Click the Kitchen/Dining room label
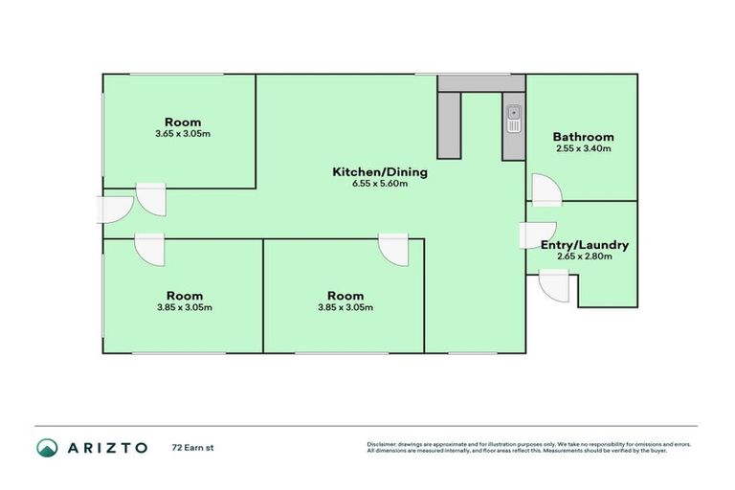(x=379, y=172)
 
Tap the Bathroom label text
(x=584, y=137)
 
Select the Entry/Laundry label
(x=584, y=245)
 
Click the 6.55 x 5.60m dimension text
(x=379, y=185)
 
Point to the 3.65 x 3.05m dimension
(x=182, y=134)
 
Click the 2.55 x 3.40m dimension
(x=584, y=149)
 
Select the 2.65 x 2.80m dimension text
(x=584, y=256)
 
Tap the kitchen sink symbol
(x=514, y=119)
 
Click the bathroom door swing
(x=545, y=189)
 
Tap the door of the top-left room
(x=150, y=199)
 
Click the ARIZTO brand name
(x=107, y=447)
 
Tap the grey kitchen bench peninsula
(x=449, y=122)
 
